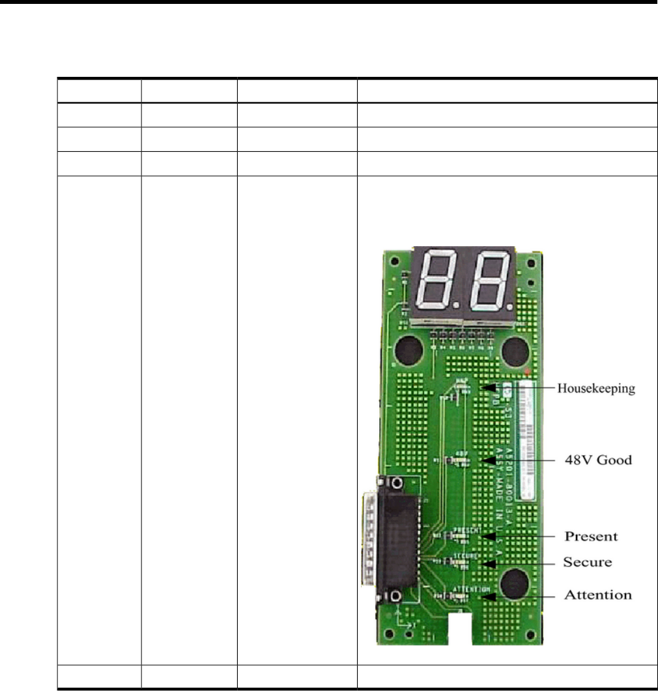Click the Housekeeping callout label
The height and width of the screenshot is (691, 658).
[595, 389]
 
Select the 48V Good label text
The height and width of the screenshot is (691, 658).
[597, 460]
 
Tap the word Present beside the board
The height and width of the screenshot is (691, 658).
[590, 537]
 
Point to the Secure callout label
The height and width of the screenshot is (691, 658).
[588, 562]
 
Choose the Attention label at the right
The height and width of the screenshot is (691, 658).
[597, 595]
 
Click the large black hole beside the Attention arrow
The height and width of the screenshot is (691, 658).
[516, 580]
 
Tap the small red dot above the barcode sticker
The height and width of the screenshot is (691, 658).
[534, 373]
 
